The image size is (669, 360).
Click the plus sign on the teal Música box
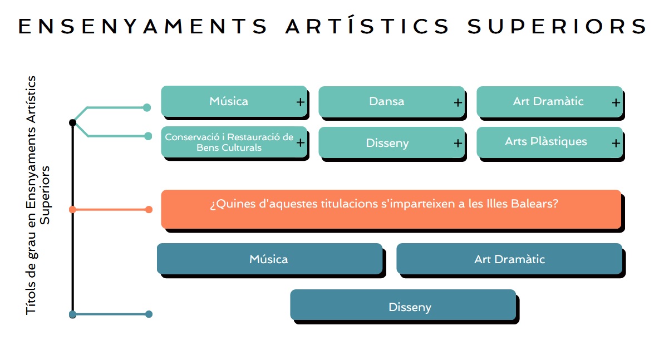pyautogui.click(x=301, y=102)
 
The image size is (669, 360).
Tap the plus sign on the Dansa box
pyautogui.click(x=458, y=103)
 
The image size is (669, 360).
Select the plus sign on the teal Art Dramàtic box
pyautogui.click(x=616, y=103)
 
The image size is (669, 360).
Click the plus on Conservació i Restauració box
pyautogui.click(x=301, y=142)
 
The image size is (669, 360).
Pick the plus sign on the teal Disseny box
pyautogui.click(x=458, y=144)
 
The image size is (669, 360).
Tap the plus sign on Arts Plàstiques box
pyautogui.click(x=616, y=144)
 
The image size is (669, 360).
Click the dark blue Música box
pyautogui.click(x=270, y=259)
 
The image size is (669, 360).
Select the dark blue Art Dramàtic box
pyautogui.click(x=509, y=259)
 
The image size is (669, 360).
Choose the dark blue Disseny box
pyautogui.click(x=403, y=305)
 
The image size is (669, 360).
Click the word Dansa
pyautogui.click(x=386, y=101)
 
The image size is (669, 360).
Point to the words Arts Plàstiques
pyautogui.click(x=545, y=142)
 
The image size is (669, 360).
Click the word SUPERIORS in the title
pyautogui.click(x=557, y=26)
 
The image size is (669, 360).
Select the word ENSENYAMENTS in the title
pyautogui.click(x=142, y=26)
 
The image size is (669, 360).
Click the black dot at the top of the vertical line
pyautogui.click(x=72, y=122)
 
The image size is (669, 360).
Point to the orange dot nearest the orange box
pyautogui.click(x=149, y=210)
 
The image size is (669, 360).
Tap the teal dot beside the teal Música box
pyautogui.click(x=146, y=107)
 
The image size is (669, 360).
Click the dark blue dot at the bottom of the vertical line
pyautogui.click(x=72, y=314)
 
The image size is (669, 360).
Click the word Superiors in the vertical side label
pyautogui.click(x=45, y=195)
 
